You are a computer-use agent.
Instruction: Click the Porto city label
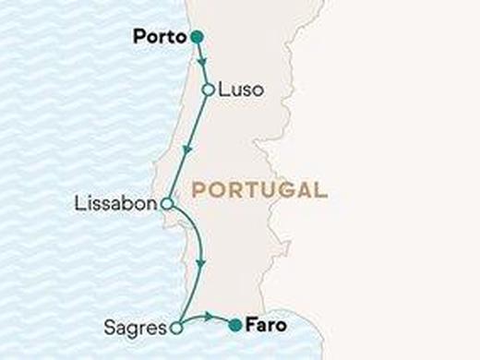coord(159,38)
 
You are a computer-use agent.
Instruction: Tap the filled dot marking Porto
coord(196,38)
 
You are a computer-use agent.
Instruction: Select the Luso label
coord(241,90)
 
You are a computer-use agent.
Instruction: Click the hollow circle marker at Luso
coord(209,90)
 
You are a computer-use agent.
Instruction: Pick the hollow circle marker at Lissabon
coord(166,204)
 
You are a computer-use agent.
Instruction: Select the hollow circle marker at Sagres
coord(177,326)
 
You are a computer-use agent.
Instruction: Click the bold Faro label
coord(268,325)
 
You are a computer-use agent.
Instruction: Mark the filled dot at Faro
coord(235,324)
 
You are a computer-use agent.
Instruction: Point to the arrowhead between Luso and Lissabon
coord(188,149)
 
